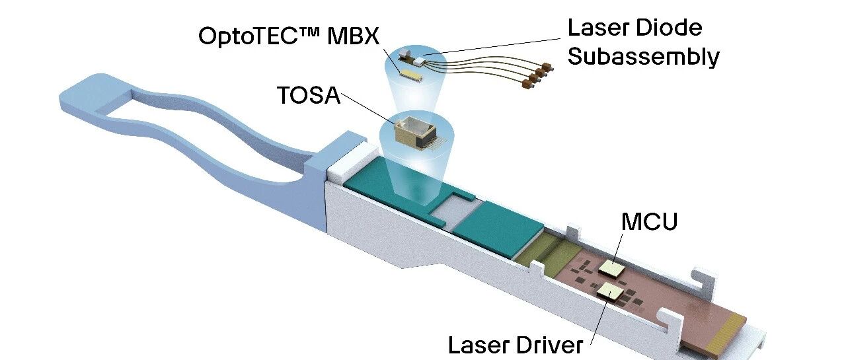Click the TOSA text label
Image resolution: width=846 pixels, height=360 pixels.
tap(309, 95)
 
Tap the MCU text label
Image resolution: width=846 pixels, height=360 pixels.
tap(649, 222)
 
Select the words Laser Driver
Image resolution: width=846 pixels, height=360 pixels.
tap(516, 345)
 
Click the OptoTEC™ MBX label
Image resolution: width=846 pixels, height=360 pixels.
tap(289, 36)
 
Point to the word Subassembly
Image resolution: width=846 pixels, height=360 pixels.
tap(643, 57)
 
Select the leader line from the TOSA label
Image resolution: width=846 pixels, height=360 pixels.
tap(369, 109)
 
